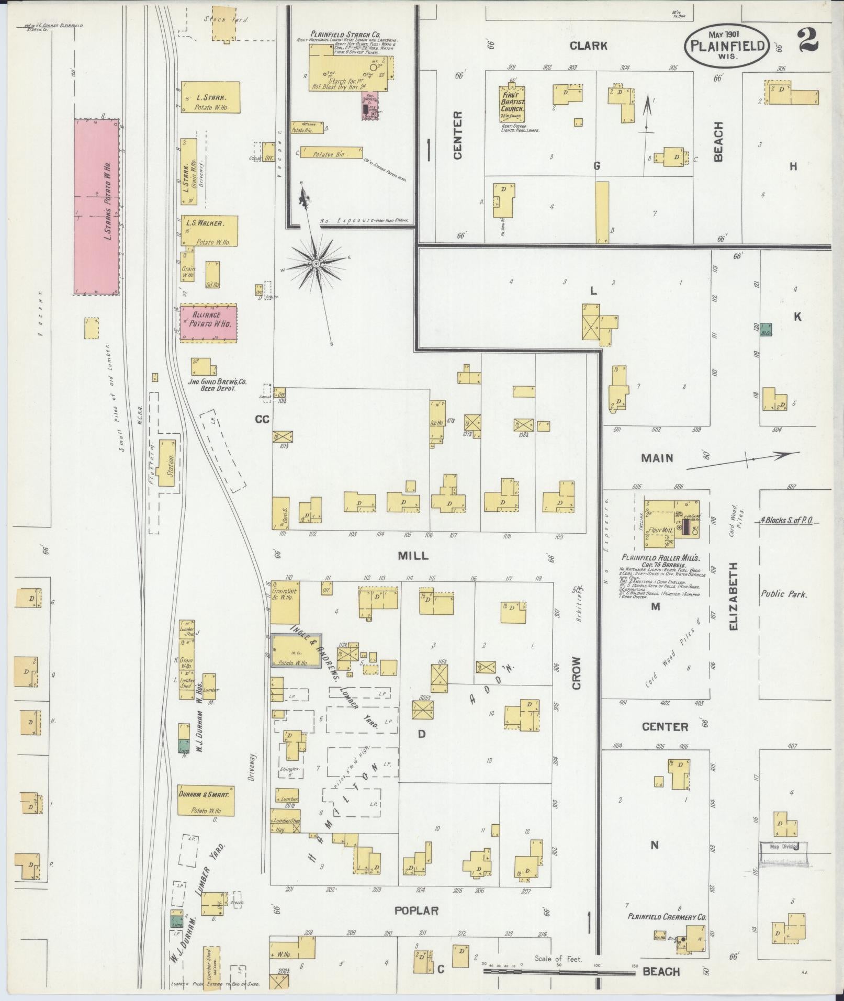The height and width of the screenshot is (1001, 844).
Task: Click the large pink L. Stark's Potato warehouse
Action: coord(96,207)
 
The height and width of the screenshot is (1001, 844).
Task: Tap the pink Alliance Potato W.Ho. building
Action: coord(208,323)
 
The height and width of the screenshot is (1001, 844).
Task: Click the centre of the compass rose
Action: coord(316,264)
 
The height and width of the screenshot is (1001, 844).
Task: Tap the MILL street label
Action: coord(413,556)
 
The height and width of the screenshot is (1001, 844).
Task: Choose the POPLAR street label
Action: coord(417,911)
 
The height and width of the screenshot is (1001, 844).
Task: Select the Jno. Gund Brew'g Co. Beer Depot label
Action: coord(211,385)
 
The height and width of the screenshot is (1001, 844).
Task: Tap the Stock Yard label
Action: coord(226,19)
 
